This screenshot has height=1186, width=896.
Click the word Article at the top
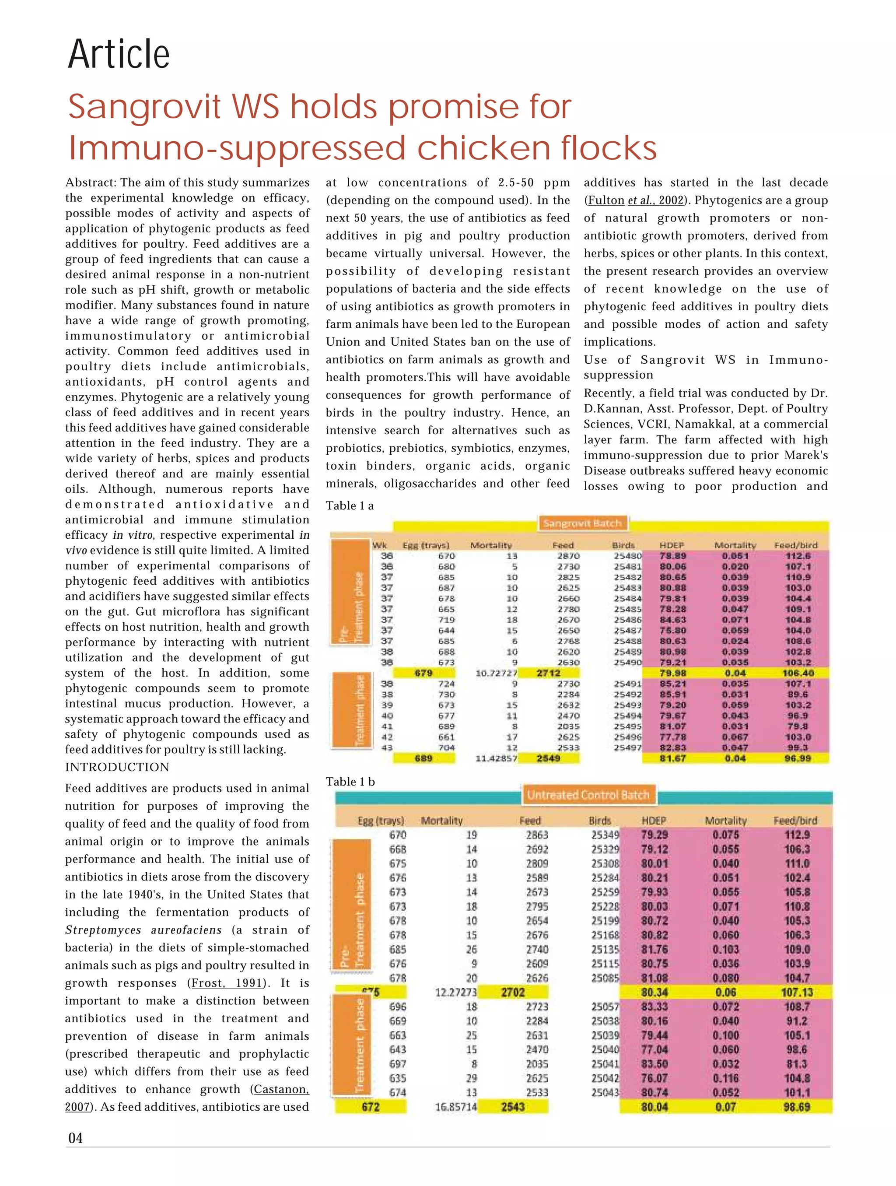point(119,54)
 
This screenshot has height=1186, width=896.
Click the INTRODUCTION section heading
point(117,767)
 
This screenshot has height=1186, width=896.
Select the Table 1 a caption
point(350,505)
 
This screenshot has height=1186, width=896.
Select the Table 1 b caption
point(350,781)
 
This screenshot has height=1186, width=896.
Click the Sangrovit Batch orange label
point(582,523)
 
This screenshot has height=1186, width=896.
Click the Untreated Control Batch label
point(588,795)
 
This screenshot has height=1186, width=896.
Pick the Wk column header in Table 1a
point(379,545)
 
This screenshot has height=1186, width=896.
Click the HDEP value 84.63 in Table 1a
point(672,620)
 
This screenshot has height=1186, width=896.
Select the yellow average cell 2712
point(548,673)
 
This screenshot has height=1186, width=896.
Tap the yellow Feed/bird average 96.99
point(798,758)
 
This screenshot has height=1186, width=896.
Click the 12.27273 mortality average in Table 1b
point(455,993)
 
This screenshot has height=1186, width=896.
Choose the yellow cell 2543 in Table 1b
point(513,1107)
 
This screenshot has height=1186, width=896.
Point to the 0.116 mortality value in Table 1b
point(725,1078)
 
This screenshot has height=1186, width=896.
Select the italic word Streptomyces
point(103,930)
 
